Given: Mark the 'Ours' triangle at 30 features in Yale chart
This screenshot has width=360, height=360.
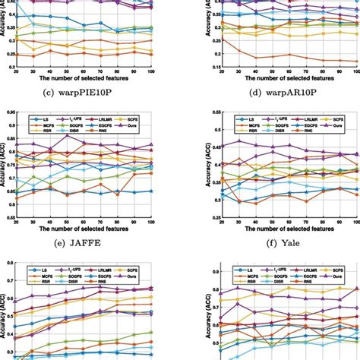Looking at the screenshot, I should pyautogui.click(x=239, y=141).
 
